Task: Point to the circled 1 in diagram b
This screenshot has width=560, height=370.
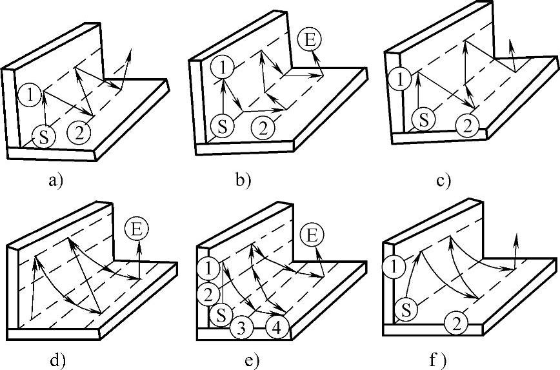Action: click(x=221, y=66)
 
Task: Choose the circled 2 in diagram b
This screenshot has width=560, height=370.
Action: click(x=263, y=127)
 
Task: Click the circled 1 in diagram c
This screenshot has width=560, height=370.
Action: click(x=401, y=79)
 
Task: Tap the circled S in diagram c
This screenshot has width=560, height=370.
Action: click(x=423, y=120)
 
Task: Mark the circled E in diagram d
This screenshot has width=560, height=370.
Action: click(x=137, y=229)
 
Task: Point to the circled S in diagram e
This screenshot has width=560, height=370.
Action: click(x=221, y=316)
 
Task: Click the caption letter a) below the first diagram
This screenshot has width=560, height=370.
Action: click(x=55, y=181)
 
